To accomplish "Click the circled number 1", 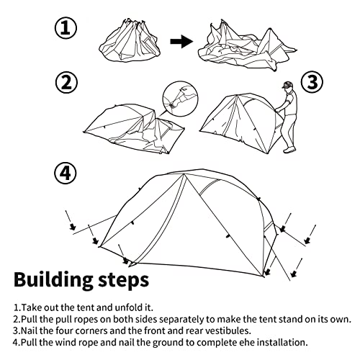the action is (66, 28).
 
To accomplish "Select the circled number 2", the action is (67, 82).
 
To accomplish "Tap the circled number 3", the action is (312, 82).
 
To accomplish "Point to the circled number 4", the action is (66, 174).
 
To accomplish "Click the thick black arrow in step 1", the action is (181, 42).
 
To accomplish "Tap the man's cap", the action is (287, 85).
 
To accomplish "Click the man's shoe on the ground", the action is (289, 150).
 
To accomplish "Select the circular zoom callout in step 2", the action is (181, 99).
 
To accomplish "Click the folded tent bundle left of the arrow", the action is (129, 41).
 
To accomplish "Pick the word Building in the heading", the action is (53, 280).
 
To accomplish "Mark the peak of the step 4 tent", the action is (184, 174).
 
